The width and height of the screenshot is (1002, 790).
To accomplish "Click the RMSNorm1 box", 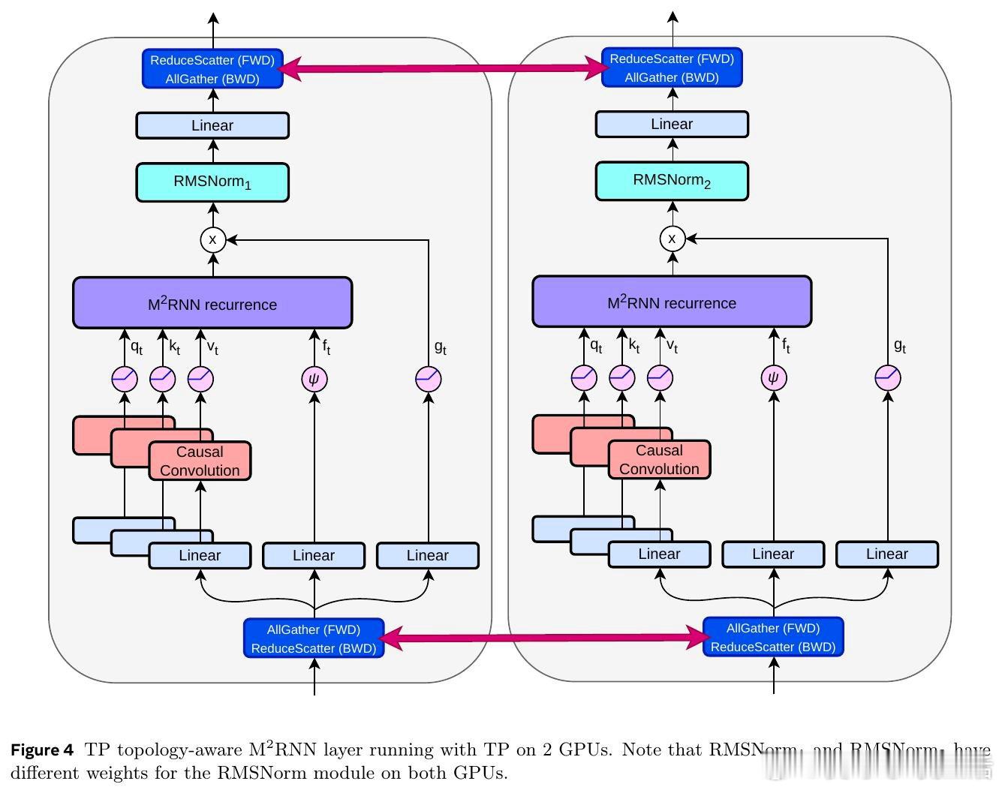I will tap(212, 182).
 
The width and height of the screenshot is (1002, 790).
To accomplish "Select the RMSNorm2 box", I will tap(672, 181).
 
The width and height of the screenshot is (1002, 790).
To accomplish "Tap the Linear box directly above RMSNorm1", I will tap(212, 125).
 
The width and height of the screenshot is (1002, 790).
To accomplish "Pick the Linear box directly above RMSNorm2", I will tap(672, 124).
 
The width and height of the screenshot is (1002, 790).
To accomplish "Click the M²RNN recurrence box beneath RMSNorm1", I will tap(212, 303).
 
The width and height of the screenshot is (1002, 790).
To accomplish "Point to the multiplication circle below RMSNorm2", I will tap(672, 239).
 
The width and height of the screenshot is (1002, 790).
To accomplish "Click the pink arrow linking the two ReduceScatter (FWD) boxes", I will tap(443, 70).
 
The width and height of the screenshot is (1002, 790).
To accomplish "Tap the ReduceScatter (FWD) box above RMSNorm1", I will tap(212, 69).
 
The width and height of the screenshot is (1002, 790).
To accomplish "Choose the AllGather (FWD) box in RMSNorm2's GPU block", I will tap(773, 637).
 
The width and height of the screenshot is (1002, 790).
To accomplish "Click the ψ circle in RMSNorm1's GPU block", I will tap(314, 379).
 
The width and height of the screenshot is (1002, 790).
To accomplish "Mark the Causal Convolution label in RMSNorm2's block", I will tap(659, 460).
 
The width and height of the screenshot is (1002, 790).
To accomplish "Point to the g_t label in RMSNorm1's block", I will tap(441, 347).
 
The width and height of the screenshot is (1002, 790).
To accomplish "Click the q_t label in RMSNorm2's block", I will tap(596, 346).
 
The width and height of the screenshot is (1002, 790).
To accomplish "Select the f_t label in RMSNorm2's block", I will tap(786, 346).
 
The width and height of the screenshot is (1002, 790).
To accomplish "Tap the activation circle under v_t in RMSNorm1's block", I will tap(200, 379).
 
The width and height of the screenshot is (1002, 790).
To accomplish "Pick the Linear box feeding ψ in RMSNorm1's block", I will tap(314, 555).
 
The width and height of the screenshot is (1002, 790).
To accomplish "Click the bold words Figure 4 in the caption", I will tap(42, 749).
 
